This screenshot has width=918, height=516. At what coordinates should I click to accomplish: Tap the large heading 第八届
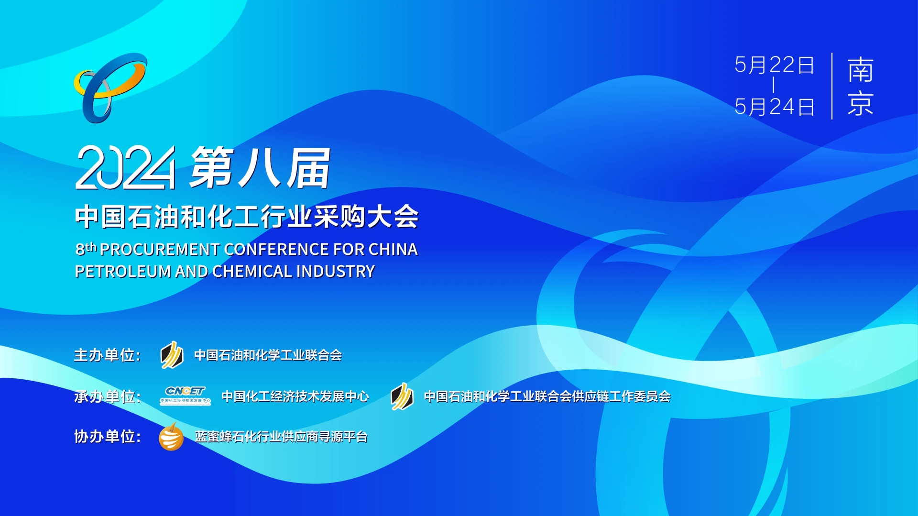261,167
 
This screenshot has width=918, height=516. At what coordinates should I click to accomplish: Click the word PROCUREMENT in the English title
160,249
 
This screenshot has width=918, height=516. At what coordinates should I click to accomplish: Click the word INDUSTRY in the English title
335,271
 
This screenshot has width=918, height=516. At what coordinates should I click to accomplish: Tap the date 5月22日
775,65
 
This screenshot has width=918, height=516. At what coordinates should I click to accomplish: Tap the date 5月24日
775,107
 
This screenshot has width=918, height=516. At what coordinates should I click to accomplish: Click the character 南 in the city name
861,70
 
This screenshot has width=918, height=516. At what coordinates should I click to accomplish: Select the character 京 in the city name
861,103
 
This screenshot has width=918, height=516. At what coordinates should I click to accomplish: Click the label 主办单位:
107,355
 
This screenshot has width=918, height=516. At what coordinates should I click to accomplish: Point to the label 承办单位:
107,396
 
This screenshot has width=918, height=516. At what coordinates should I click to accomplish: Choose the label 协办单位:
107,436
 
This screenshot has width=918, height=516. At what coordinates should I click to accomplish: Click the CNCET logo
185,395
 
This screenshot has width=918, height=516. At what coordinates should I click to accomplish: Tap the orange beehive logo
171,437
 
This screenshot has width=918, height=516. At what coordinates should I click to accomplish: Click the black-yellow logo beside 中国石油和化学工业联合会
172,355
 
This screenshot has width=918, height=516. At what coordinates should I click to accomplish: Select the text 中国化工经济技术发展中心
295,396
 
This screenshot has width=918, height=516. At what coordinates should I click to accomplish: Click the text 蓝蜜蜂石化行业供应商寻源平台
281,437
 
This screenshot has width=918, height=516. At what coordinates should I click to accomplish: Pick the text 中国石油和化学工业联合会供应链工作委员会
547,396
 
